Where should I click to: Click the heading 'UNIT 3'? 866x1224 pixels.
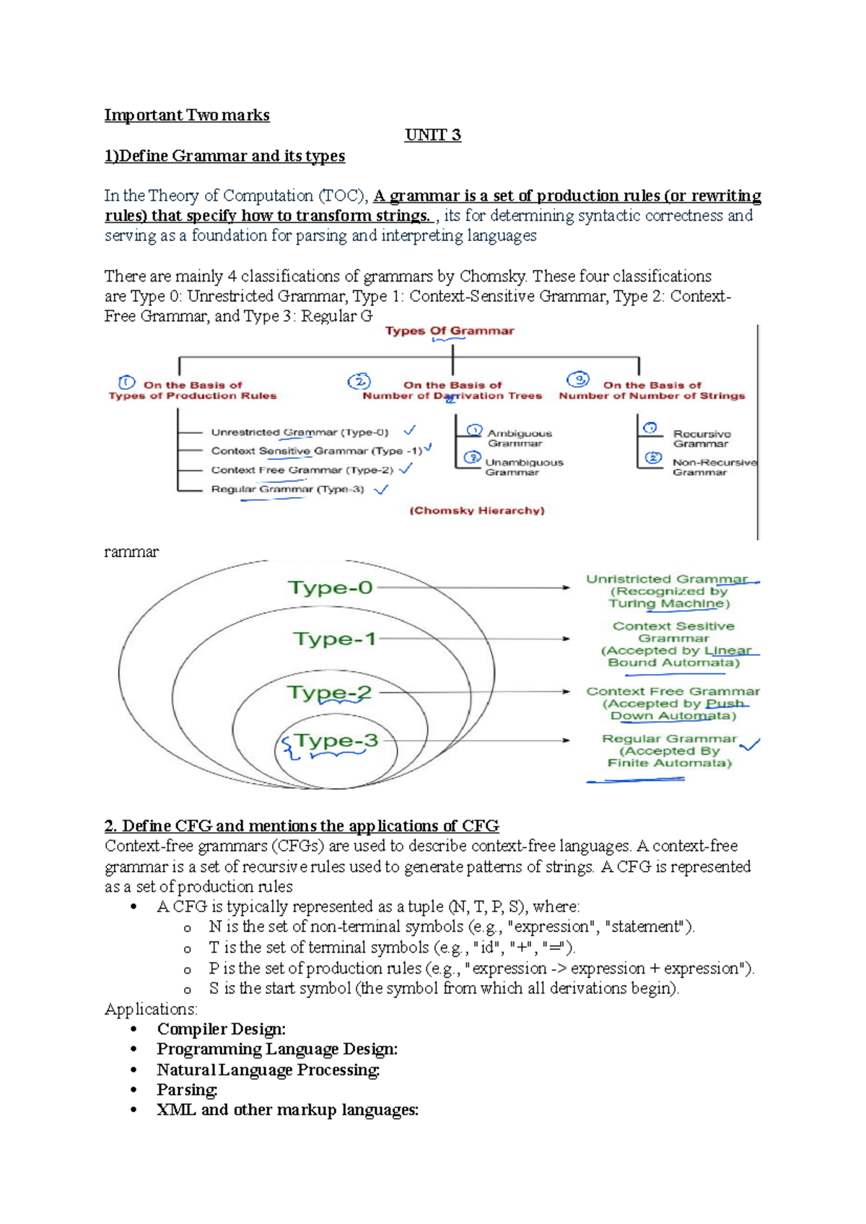click(433, 135)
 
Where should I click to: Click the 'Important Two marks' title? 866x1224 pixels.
click(187, 115)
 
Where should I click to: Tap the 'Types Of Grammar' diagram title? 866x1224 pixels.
click(450, 331)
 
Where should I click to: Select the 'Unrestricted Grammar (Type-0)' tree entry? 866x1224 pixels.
click(299, 432)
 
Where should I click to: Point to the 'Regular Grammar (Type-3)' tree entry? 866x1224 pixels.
click(287, 489)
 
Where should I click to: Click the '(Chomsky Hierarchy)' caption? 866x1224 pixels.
click(477, 510)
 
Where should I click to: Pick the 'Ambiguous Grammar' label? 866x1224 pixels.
click(519, 438)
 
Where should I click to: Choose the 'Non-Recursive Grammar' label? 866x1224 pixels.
click(714, 467)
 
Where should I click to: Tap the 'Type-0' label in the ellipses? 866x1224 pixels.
click(331, 587)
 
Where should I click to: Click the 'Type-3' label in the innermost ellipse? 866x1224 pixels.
click(336, 740)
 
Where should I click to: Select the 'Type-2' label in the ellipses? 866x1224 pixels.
click(330, 692)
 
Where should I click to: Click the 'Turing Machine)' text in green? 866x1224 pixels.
click(669, 603)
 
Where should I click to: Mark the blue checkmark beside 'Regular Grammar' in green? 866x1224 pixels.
click(751, 744)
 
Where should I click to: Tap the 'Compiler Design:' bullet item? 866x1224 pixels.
click(221, 1029)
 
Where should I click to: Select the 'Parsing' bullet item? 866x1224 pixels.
click(187, 1090)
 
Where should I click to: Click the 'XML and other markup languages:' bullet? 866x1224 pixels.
click(287, 1110)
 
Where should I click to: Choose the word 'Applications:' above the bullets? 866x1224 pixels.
click(151, 1009)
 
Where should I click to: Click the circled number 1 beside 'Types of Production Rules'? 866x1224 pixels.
click(126, 382)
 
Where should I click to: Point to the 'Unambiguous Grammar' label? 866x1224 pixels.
click(523, 467)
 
